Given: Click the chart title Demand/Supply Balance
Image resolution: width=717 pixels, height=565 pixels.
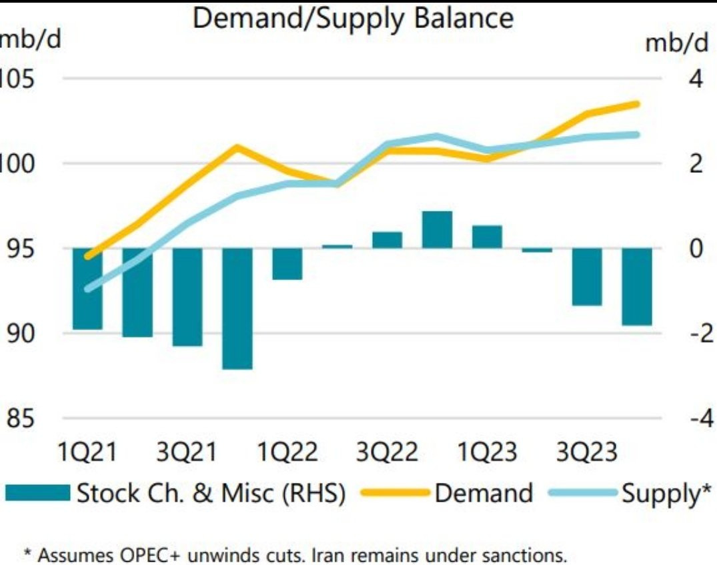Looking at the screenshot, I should click(x=353, y=18).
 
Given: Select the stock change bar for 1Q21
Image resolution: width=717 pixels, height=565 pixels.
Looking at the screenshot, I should click(x=87, y=288).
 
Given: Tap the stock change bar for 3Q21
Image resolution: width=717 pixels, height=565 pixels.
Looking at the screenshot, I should click(x=187, y=297).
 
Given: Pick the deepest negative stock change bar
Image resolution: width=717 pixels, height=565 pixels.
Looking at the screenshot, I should click(x=237, y=308).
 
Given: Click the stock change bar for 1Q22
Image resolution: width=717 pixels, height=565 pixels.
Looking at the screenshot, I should click(x=287, y=263).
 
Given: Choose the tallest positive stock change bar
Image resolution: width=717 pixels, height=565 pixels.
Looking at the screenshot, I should click(x=437, y=230).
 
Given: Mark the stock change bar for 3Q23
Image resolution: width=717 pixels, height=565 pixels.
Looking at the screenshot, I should click(x=587, y=277).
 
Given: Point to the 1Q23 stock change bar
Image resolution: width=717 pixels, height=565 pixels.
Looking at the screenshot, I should click(x=487, y=237).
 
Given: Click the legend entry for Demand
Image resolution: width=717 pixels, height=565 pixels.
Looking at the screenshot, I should click(x=484, y=494).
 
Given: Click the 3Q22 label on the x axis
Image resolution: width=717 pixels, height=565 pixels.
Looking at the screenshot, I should click(x=387, y=453).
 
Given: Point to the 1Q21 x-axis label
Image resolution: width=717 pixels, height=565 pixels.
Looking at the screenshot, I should click(x=87, y=453).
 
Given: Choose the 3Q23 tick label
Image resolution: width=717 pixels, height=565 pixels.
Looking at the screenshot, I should click(x=587, y=453).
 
